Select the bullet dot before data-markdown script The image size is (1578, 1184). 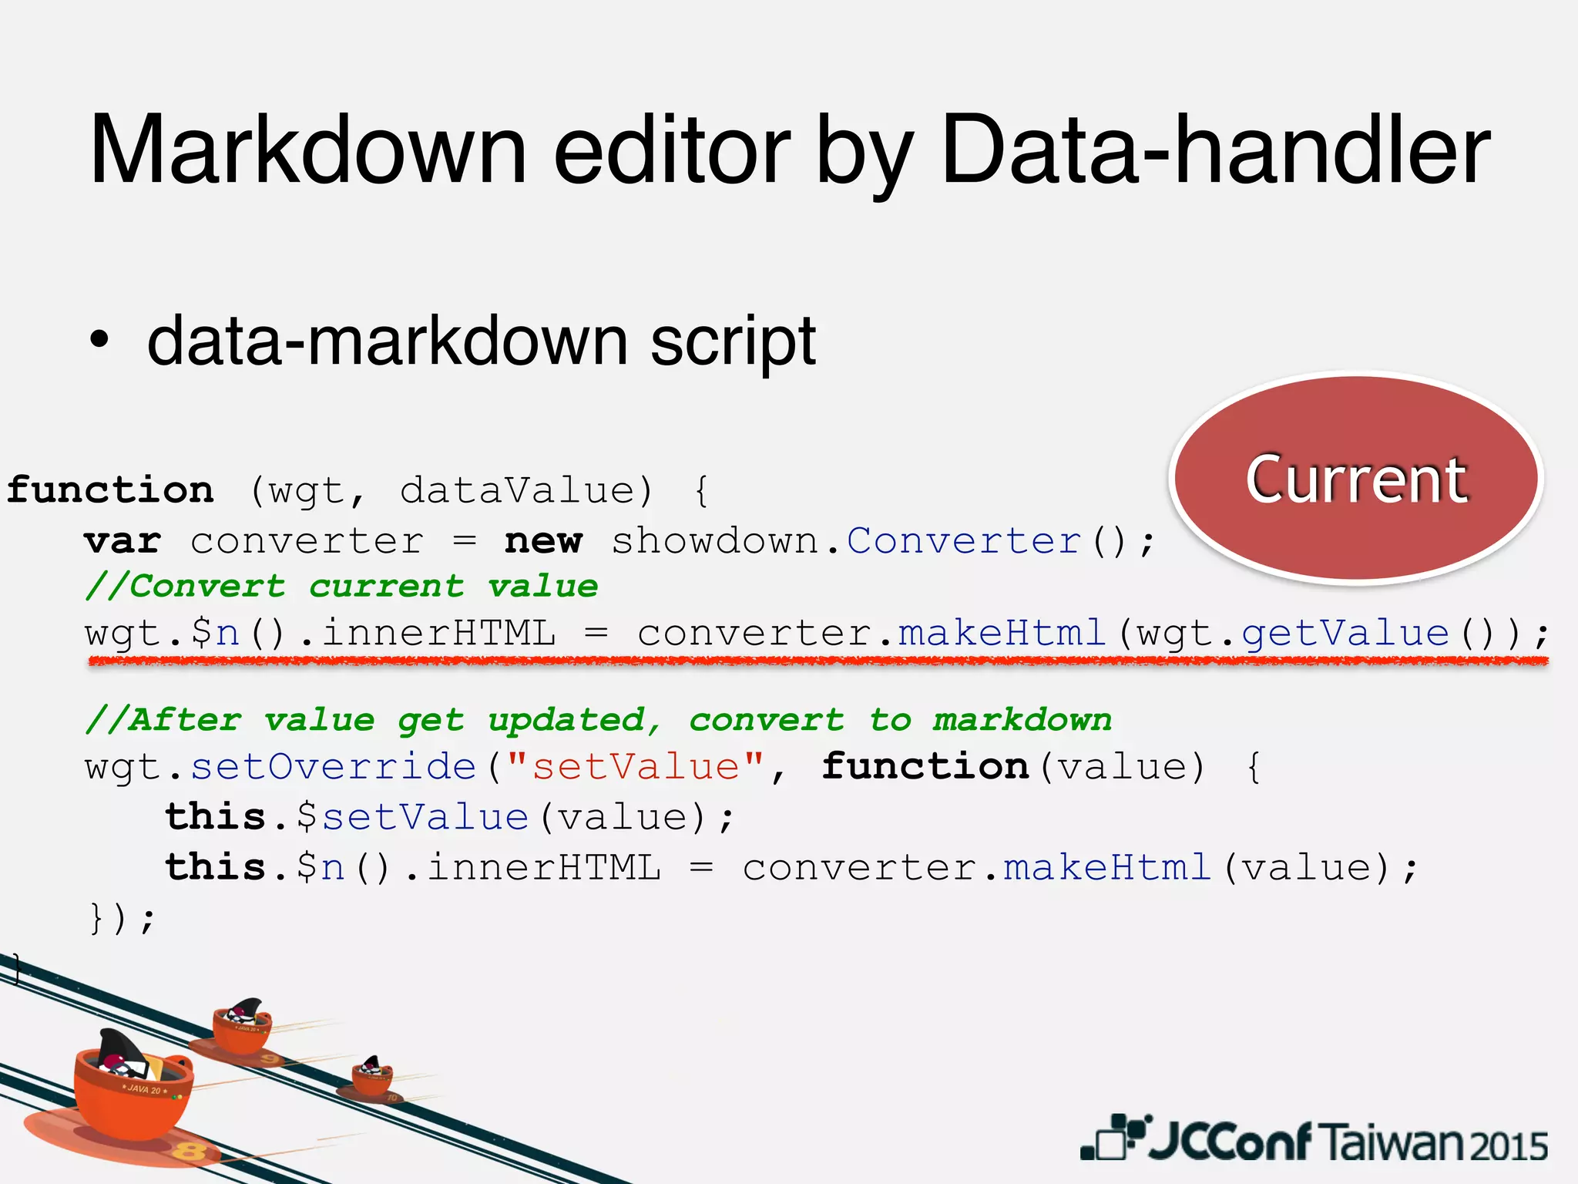[99, 339]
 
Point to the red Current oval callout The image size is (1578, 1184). [1356, 478]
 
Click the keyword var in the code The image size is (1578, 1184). [123, 541]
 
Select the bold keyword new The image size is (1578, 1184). [543, 541]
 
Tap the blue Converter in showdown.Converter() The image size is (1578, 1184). [963, 541]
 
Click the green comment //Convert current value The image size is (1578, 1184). [341, 587]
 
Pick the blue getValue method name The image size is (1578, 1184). [1345, 634]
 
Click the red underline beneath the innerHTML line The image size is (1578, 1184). [817, 661]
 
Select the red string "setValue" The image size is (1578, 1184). [636, 767]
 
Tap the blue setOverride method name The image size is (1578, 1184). [334, 767]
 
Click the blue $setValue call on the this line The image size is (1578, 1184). [412, 817]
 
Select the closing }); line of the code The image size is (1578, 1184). [122, 918]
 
